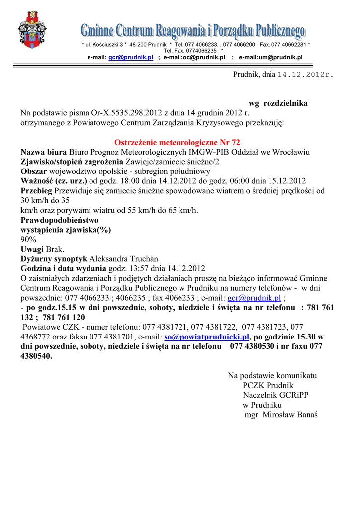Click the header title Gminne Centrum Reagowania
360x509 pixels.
pos(193,32)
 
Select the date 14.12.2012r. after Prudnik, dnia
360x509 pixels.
pos(305,74)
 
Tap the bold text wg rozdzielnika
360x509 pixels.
pos(277,103)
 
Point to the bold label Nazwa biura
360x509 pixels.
pos(44,152)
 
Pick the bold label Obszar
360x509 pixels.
pos(33,171)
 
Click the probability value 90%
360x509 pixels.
pos(28,239)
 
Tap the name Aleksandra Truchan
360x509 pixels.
pos(123,259)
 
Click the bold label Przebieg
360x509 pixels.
pos(36,190)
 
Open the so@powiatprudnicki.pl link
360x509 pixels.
pos(206,337)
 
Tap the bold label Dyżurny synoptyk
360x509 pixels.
pos(54,259)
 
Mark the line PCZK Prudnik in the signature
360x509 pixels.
pos(268,385)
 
